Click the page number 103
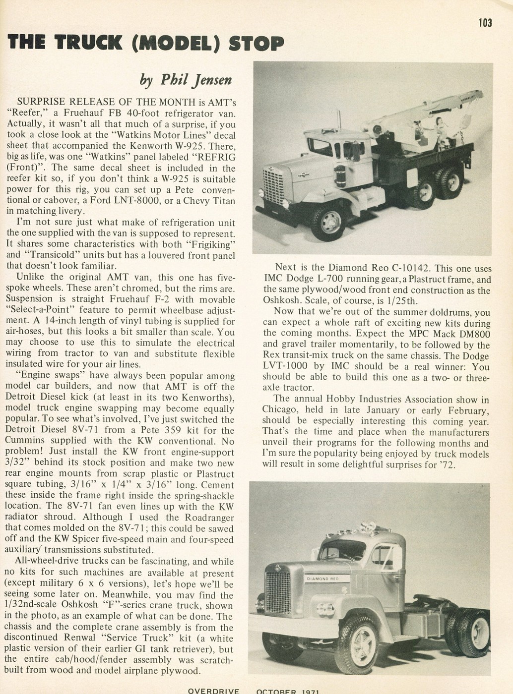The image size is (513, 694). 485,23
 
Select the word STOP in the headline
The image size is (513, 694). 256,43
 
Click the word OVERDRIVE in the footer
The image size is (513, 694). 213,691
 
